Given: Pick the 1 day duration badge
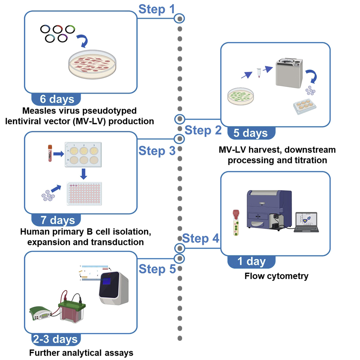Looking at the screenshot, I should pyautogui.click(x=252, y=261).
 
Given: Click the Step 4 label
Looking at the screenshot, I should pyautogui.click(x=200, y=239).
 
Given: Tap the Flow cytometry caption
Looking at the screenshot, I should pyautogui.click(x=276, y=277).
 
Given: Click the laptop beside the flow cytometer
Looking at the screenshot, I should pyautogui.click(x=306, y=222).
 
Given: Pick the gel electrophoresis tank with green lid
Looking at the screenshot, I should pyautogui.click(x=72, y=312).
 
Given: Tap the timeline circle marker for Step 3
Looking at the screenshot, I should pyautogui.click(x=179, y=139).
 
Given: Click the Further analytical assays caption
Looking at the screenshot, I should pyautogui.click(x=81, y=352).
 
